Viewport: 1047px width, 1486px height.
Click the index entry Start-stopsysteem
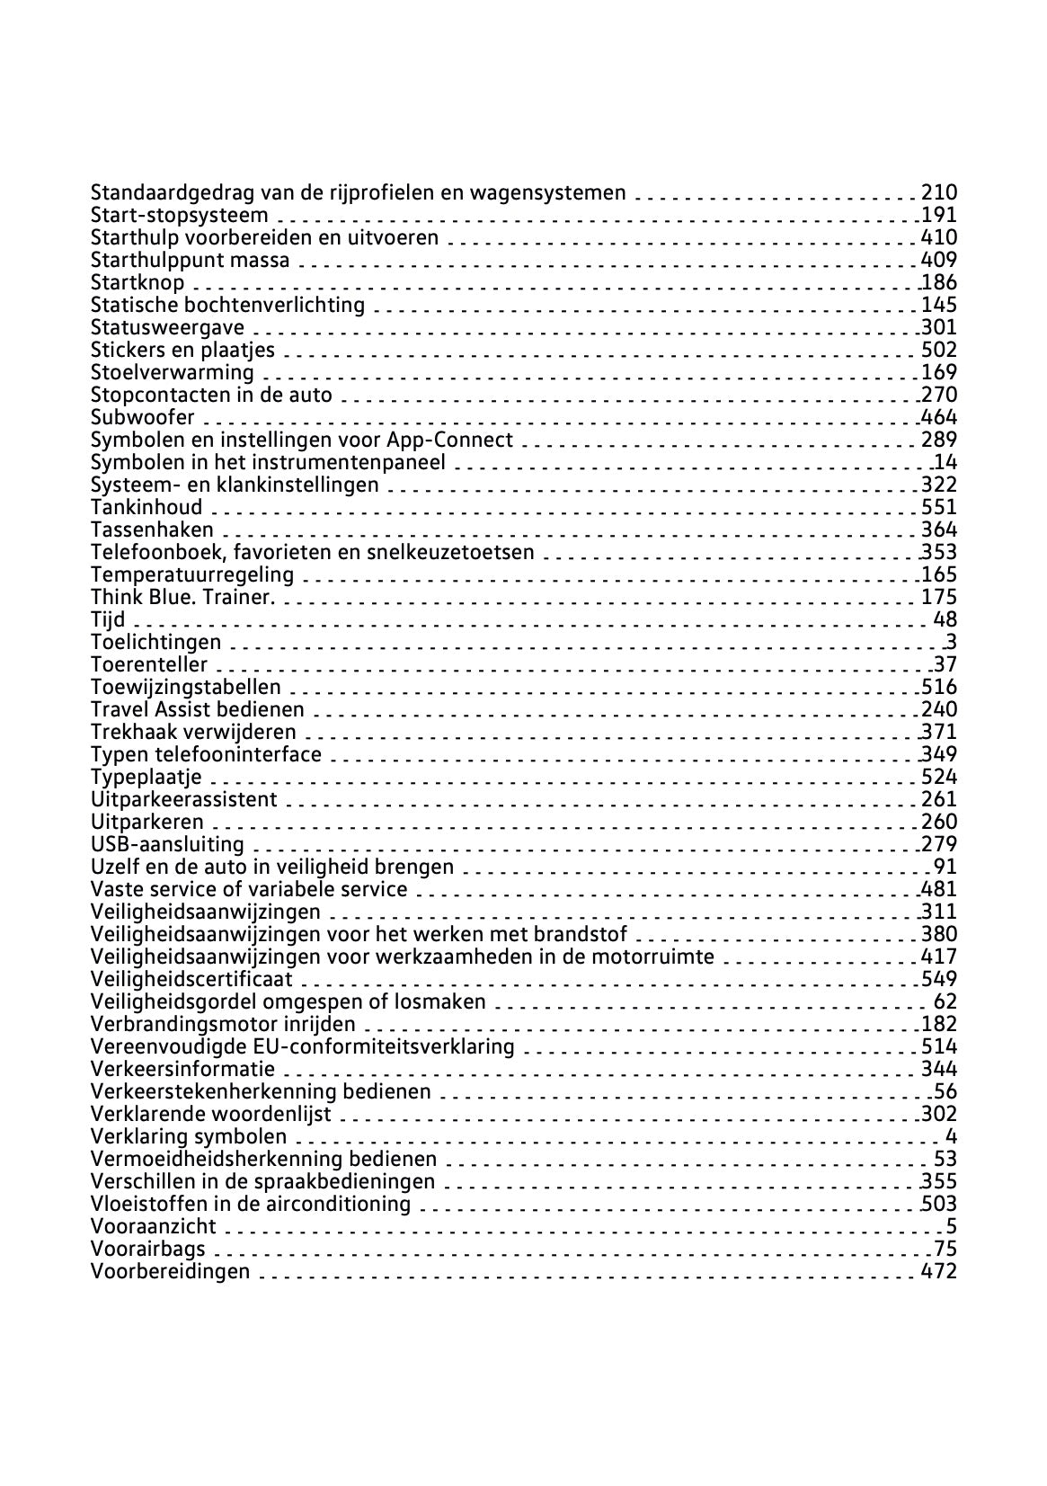coord(179,215)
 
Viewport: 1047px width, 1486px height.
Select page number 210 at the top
coord(939,192)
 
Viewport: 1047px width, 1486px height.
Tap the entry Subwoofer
coord(142,417)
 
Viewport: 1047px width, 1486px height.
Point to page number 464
coord(939,417)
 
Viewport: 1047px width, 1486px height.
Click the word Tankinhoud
coord(146,507)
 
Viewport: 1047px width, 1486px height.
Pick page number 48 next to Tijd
coord(945,619)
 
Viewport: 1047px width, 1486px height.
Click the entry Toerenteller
coord(148,664)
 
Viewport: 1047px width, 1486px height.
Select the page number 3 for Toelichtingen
coord(951,642)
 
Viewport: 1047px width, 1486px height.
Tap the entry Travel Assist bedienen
coord(197,709)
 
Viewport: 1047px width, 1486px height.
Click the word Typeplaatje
coord(146,777)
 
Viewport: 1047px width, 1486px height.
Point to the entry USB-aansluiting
coord(167,844)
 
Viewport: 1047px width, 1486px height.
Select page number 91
coord(945,867)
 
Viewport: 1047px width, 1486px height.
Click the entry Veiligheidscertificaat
coord(191,979)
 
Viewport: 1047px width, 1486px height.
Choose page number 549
coord(939,979)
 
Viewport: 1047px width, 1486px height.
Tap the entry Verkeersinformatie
coord(182,1069)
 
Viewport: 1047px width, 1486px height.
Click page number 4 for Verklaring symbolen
coord(951,1136)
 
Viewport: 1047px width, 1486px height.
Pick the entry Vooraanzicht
coord(153,1226)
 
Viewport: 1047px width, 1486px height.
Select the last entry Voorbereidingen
coord(170,1271)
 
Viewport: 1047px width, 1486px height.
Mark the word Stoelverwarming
coord(172,372)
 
